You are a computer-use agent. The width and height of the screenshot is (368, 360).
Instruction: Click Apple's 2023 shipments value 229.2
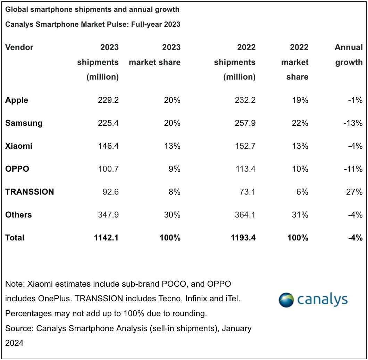click(x=108, y=100)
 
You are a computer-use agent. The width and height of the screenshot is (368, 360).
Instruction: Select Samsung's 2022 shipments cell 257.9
click(x=245, y=123)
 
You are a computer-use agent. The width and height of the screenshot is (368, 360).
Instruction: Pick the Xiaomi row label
click(x=19, y=146)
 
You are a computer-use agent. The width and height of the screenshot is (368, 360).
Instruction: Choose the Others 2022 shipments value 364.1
click(x=245, y=215)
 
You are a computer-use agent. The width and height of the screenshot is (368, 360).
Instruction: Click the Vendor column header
click(x=19, y=47)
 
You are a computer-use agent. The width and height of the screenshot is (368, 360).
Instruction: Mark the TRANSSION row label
click(x=30, y=192)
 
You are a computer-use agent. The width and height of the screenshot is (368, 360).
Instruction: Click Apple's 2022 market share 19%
click(x=300, y=100)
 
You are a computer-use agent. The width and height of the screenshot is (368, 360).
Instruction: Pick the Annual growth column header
click(x=348, y=55)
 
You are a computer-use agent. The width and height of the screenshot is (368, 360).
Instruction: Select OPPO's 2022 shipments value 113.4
click(x=245, y=169)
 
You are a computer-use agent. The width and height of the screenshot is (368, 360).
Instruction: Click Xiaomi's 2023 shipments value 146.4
click(x=108, y=146)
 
